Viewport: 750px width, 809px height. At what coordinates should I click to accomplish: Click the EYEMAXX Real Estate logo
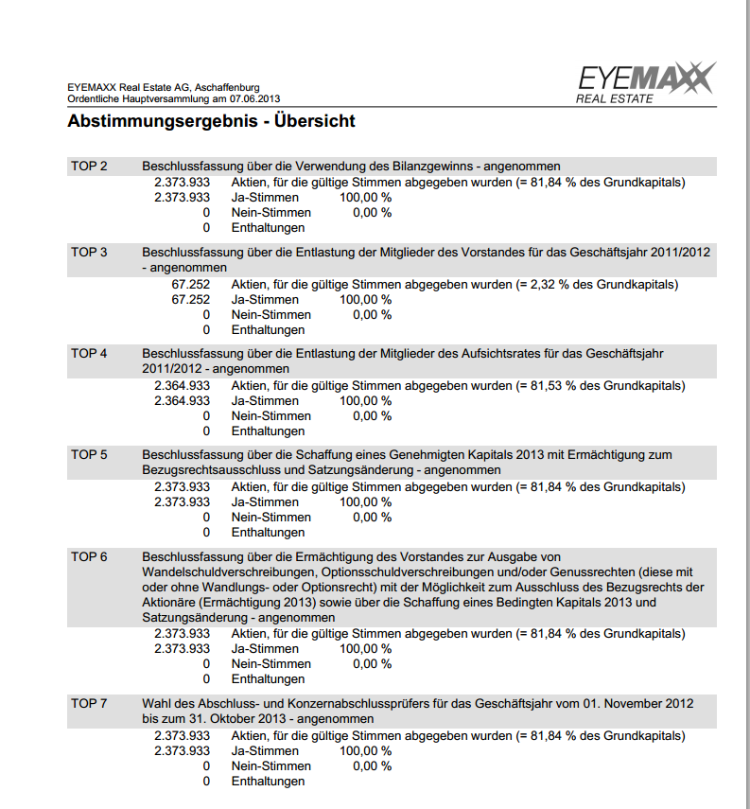[x=646, y=83]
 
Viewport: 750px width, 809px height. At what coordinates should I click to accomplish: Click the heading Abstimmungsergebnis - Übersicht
[x=211, y=122]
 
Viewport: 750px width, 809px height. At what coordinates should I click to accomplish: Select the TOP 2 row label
[x=89, y=167]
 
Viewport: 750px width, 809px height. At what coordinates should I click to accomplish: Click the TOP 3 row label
[x=89, y=253]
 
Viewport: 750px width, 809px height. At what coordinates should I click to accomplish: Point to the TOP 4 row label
[x=89, y=354]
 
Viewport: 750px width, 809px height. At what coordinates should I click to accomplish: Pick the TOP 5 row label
[x=89, y=455]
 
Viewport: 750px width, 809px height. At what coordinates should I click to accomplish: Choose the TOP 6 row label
[x=89, y=557]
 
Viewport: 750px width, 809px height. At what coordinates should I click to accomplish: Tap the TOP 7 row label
[x=89, y=704]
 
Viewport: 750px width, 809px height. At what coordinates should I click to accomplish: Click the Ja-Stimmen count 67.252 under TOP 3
[x=190, y=300]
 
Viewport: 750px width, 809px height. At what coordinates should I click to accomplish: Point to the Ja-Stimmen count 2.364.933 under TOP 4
[x=183, y=401]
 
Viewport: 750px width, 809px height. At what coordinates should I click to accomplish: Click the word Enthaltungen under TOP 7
[x=268, y=782]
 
